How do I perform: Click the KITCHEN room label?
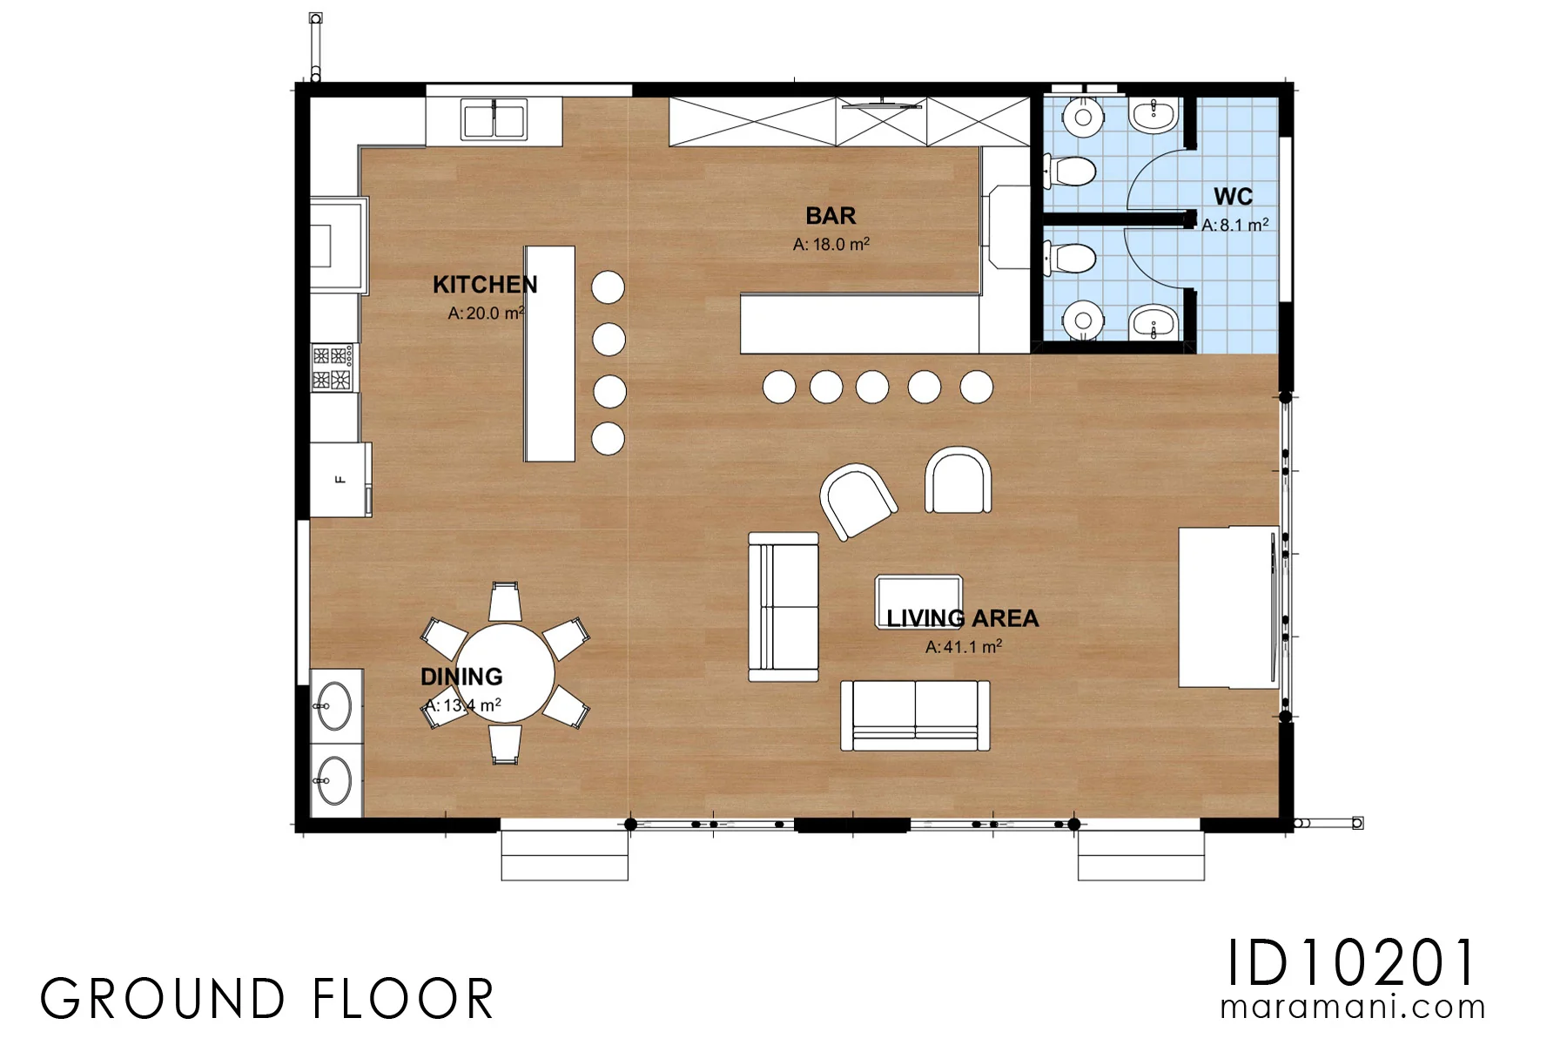(x=485, y=285)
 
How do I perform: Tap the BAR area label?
(x=831, y=216)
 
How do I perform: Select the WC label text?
(x=1234, y=197)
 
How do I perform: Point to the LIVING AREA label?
(x=963, y=618)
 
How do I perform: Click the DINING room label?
(x=461, y=677)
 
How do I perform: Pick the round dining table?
(x=505, y=673)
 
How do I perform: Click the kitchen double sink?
(x=494, y=121)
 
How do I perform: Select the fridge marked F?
(x=341, y=479)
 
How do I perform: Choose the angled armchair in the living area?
(x=858, y=501)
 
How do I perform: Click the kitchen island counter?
(x=549, y=354)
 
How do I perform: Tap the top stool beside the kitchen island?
(x=609, y=287)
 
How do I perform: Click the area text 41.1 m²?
(x=964, y=647)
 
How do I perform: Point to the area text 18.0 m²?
(x=831, y=245)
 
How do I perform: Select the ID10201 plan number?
(x=1352, y=963)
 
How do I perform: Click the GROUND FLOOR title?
(x=267, y=999)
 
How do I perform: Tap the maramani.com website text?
(x=1353, y=1008)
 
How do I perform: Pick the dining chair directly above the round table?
(x=505, y=602)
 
